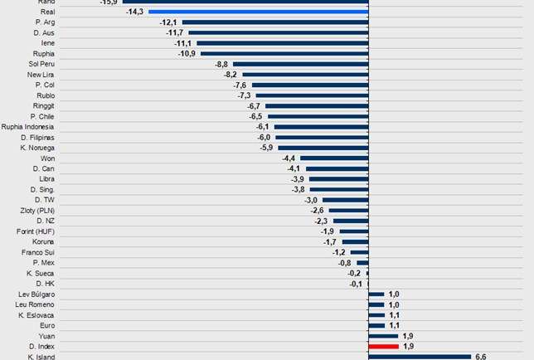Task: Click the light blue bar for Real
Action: [x=258, y=12]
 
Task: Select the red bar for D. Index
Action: [x=383, y=346]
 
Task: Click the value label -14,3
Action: [x=134, y=12]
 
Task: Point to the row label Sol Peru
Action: [x=41, y=64]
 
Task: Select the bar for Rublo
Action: [x=311, y=95]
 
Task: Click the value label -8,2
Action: [x=231, y=75]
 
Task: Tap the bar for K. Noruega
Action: [x=323, y=148]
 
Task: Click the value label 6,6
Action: [x=481, y=357]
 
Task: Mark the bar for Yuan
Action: [x=383, y=336]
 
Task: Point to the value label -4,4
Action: [x=289, y=158]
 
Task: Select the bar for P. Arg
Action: [x=275, y=22]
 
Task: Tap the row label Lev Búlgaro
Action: [x=36, y=294]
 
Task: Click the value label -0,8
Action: [x=346, y=263]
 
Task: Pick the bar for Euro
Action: [x=376, y=325]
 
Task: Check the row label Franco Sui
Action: [x=38, y=252]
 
